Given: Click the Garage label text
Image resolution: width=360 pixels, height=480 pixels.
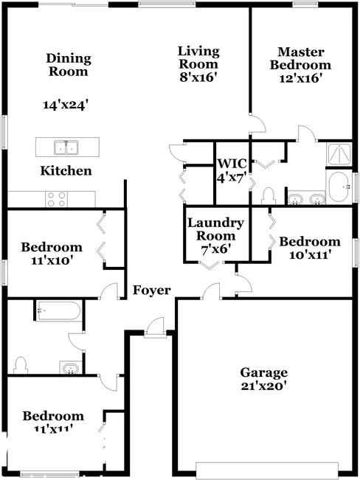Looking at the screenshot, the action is tap(264, 373).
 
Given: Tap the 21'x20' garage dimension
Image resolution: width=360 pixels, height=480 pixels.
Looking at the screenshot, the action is tap(264, 386).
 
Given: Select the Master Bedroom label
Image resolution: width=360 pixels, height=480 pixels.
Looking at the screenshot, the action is tap(300, 58).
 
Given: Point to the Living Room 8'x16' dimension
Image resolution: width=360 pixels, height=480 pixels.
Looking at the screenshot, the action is tap(198, 77).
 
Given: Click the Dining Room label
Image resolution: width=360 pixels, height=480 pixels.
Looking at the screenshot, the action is tap(69, 65).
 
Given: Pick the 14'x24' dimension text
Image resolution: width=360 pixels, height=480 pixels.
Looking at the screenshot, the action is tap(66, 105).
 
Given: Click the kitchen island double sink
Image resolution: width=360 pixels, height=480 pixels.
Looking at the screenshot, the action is tap(66, 147).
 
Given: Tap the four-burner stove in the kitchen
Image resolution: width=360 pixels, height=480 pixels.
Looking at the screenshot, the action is tap(56, 199).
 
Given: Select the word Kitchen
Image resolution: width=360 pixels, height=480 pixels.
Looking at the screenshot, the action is tap(66, 171).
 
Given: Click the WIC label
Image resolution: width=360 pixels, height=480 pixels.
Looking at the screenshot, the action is tap(232, 164).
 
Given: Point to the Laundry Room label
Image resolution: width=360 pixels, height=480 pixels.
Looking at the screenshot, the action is tap(215, 229).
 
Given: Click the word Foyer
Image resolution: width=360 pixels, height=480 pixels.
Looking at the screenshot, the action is tap(152, 291).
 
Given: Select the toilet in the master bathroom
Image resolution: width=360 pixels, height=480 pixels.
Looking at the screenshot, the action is tap(269, 196).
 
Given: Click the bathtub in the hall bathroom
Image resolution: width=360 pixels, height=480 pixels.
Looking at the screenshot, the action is tap(59, 310).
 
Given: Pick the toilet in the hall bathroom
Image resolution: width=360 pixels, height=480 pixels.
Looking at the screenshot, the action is tap(21, 366).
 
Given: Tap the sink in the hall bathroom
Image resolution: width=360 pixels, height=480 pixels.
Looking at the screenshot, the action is tap(71, 368).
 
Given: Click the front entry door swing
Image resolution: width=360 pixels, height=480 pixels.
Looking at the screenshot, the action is tap(155, 327).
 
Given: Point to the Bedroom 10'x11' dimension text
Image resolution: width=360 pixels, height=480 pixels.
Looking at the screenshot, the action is tap(309, 254).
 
